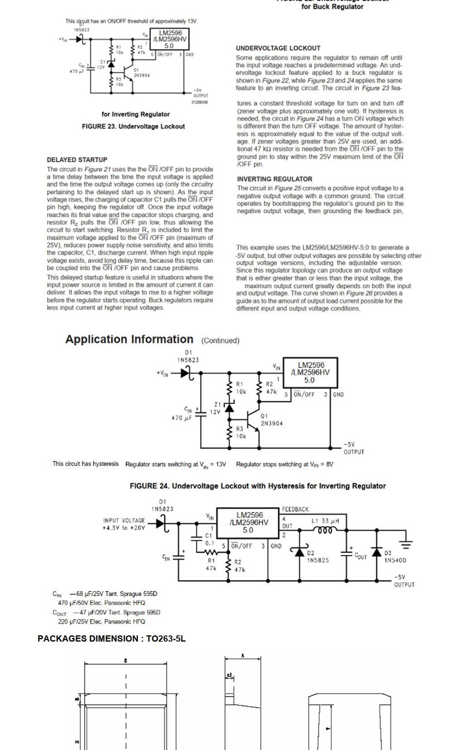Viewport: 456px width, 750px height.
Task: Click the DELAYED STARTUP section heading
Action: [x=77, y=160]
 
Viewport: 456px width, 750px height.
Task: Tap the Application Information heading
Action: [x=129, y=340]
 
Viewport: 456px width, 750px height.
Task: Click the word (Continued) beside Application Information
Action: [x=220, y=341]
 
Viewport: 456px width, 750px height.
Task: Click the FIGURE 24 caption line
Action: [x=257, y=486]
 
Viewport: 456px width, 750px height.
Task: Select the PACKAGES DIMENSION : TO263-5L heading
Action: [x=111, y=639]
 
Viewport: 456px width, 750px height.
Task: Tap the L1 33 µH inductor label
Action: [x=325, y=521]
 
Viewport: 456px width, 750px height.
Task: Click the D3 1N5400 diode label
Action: [x=395, y=557]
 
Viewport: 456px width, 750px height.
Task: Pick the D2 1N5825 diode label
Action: [x=317, y=557]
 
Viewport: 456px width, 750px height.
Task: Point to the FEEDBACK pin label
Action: [x=296, y=509]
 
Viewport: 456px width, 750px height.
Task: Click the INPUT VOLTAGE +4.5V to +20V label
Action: [x=124, y=524]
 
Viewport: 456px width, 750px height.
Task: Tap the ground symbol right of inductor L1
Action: [x=407, y=542]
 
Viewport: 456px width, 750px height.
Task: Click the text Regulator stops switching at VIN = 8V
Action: [x=285, y=464]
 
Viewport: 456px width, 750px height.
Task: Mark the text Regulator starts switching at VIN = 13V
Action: [x=175, y=464]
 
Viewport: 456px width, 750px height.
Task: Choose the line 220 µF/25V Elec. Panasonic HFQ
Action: [x=101, y=622]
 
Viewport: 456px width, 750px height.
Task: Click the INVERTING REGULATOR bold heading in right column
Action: [x=274, y=179]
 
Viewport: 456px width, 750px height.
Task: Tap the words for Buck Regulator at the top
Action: [x=332, y=7]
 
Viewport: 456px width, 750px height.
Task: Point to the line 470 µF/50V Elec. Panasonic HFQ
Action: [x=102, y=603]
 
